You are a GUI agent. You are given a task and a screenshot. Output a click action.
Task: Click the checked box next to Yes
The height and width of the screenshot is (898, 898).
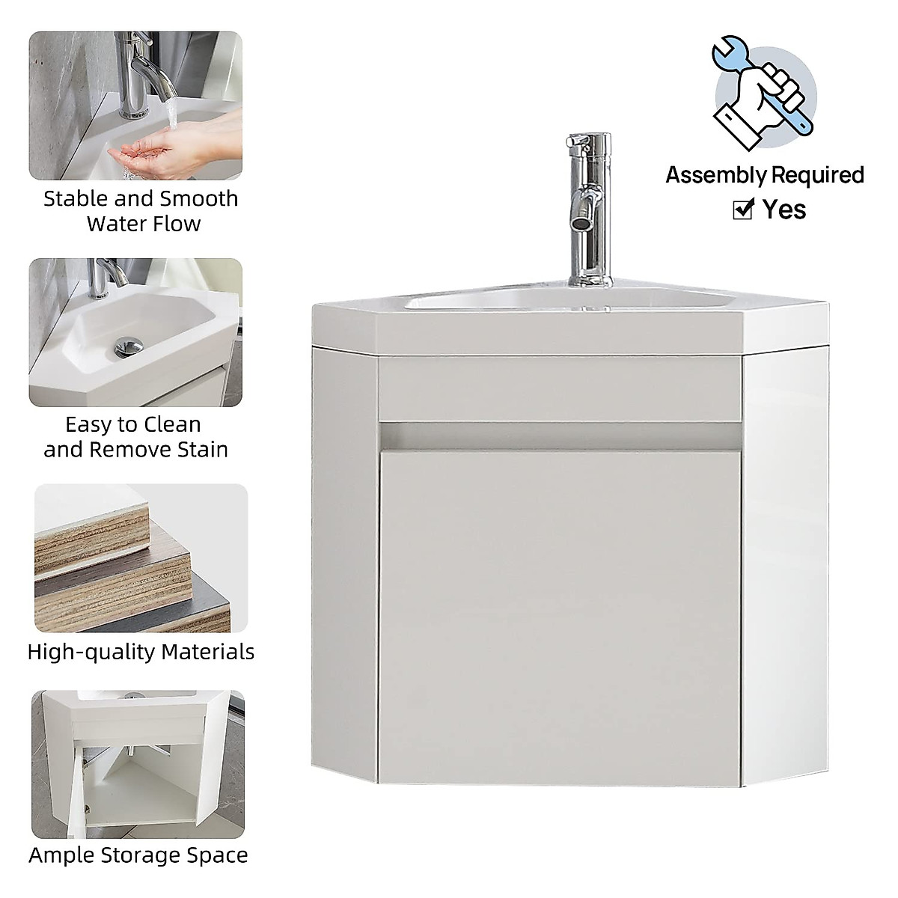[x=742, y=210]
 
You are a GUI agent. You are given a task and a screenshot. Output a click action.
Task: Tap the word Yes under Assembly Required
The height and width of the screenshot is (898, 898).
[x=784, y=210]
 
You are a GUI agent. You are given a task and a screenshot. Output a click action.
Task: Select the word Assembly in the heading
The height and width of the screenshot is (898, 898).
[x=712, y=175]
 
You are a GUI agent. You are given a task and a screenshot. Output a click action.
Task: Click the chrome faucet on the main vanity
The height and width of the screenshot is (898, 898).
[x=587, y=195]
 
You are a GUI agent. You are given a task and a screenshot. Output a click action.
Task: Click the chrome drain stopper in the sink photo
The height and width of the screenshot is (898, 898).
[x=128, y=346]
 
